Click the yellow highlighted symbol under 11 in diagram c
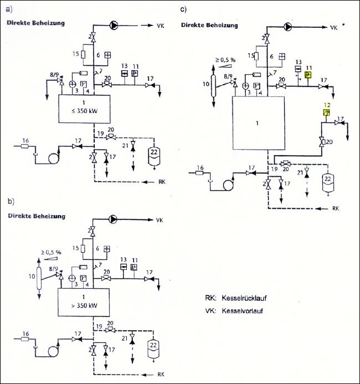(310, 75)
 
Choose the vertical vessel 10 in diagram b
(39, 277)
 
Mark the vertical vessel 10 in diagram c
(214, 89)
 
